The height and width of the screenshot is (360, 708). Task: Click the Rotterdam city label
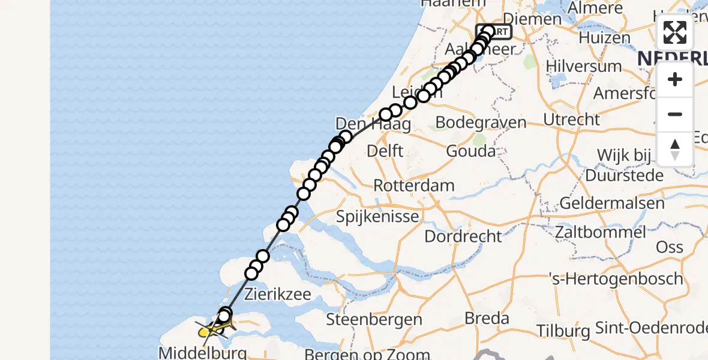[414, 185]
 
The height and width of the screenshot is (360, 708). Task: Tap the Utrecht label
[571, 119]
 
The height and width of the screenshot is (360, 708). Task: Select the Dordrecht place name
[463, 236]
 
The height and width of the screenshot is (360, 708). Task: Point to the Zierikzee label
[278, 295]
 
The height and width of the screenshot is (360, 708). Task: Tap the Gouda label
[471, 151]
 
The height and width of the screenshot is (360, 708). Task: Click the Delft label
[385, 151]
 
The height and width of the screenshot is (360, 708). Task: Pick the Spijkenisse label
[377, 217]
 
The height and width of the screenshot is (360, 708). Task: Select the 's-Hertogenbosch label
[616, 279]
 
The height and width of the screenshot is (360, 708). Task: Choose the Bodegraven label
[481, 122]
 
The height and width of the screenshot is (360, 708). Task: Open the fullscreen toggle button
[675, 32]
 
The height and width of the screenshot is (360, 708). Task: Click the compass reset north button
[675, 149]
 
